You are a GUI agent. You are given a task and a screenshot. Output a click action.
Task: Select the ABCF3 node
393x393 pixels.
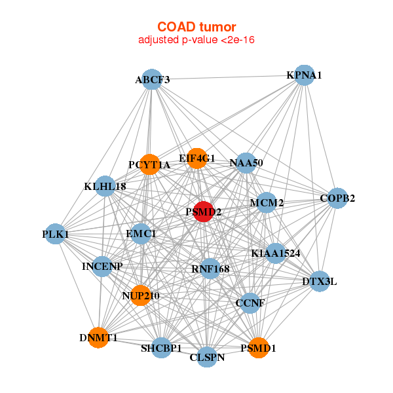click(152, 79)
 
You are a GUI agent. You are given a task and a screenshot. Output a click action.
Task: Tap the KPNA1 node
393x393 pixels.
click(303, 75)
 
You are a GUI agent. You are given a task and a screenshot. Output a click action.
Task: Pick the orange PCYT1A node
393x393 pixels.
click(150, 164)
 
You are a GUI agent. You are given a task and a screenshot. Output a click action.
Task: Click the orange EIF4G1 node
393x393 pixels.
click(197, 158)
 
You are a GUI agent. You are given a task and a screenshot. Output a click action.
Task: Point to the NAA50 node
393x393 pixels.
click(246, 162)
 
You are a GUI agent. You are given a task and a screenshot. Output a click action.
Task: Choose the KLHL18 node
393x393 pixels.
click(105, 186)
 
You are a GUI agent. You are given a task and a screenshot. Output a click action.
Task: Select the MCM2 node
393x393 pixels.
click(266, 203)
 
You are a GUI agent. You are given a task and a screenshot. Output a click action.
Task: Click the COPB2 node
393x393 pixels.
click(337, 198)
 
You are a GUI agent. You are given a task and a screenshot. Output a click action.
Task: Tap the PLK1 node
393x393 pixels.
click(56, 234)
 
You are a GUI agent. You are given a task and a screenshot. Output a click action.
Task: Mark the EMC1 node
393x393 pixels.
click(141, 233)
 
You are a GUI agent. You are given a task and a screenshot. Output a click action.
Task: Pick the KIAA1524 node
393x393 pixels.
click(276, 253)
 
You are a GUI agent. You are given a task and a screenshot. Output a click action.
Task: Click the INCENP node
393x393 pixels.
click(102, 267)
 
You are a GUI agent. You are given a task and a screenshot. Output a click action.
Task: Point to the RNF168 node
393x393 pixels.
click(210, 269)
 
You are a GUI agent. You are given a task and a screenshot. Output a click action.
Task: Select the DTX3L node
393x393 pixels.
click(319, 282)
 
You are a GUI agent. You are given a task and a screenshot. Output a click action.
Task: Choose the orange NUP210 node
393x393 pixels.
click(140, 295)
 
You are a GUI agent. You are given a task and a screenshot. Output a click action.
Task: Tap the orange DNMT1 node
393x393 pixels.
click(98, 338)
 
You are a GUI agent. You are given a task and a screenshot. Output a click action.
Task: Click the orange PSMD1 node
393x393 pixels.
click(258, 348)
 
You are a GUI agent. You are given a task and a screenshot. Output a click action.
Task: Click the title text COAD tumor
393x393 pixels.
click(196, 27)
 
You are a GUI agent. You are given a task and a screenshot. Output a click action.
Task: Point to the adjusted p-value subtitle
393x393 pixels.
click(196, 40)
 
